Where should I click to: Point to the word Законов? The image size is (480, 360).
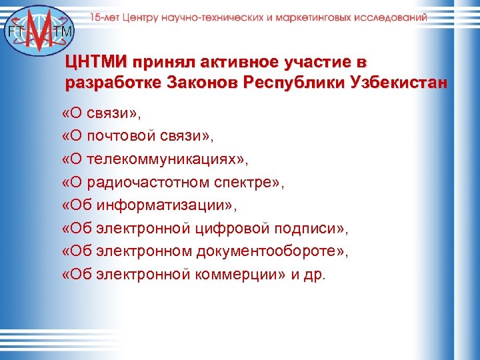click(204, 84)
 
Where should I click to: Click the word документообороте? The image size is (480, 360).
click(267, 251)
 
